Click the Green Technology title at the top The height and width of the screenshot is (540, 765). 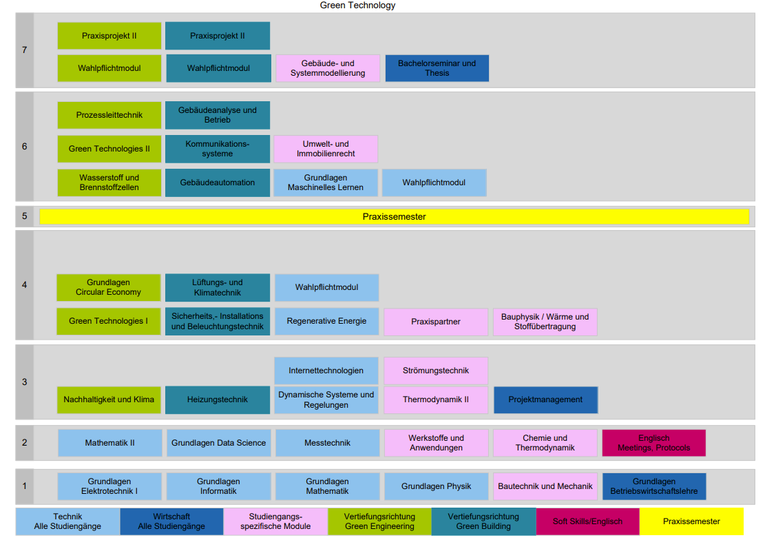coord(357,6)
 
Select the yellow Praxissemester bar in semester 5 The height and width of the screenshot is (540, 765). coord(394,216)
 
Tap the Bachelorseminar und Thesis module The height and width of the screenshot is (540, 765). coord(437,68)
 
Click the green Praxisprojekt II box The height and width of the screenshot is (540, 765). coord(109,36)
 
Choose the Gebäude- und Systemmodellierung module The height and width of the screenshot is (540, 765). coord(328,68)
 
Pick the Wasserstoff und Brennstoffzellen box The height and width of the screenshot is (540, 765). coord(109,183)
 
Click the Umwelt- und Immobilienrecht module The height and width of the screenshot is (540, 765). coord(326,149)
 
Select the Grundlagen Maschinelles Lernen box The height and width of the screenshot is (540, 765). coord(326,183)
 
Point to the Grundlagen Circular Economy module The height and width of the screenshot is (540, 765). coord(108,287)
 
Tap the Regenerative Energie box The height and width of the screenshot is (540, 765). coord(326,322)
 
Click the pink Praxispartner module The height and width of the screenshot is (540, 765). coord(435,322)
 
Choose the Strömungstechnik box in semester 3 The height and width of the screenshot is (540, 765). coord(435,371)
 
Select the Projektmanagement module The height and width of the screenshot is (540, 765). coord(545,399)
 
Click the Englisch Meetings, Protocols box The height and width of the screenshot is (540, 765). coord(653,443)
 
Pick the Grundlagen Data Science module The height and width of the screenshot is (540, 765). coord(218,443)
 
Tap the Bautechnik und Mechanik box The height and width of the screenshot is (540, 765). coord(545,486)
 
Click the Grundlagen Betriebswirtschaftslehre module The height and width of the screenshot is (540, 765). coord(653,486)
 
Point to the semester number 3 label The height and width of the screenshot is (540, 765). coord(25,382)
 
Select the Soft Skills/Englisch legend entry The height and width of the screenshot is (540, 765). coord(587,521)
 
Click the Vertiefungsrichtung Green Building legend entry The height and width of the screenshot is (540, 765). coord(483,521)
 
